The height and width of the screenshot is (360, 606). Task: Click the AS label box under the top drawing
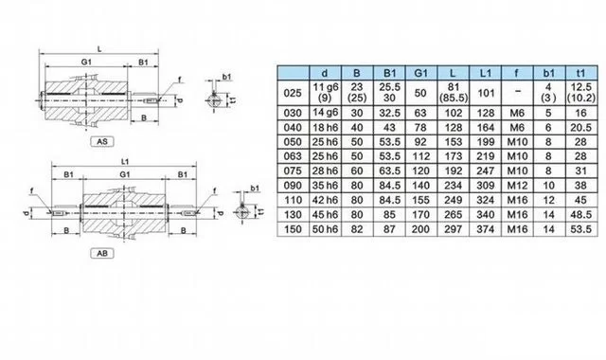point(102,141)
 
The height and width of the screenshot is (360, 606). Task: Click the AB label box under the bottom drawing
point(102,253)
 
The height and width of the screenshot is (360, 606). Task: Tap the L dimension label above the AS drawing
point(99,49)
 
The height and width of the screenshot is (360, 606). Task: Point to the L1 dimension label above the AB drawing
point(124,162)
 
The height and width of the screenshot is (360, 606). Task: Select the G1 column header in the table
point(420,73)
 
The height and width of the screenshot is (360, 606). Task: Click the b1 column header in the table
point(549,73)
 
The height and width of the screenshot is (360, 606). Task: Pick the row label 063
point(293,156)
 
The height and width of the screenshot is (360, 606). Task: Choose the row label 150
point(293,229)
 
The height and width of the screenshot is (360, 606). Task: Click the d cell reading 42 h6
point(325,200)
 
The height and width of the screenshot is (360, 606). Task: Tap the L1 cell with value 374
point(485,229)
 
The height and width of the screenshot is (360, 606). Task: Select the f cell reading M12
point(517,186)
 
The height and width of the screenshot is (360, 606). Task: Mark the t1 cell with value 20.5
point(580,128)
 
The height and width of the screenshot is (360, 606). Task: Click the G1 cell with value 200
point(420,229)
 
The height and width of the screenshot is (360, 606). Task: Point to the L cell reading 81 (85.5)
point(454,93)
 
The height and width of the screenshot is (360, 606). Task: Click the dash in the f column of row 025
point(517,92)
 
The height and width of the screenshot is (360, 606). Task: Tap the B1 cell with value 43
point(389,128)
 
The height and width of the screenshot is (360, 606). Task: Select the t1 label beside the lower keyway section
point(261,211)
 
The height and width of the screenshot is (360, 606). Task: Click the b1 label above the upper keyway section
point(227,77)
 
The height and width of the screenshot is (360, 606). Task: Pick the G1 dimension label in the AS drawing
point(86,62)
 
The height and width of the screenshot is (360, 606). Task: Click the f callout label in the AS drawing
point(180,80)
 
